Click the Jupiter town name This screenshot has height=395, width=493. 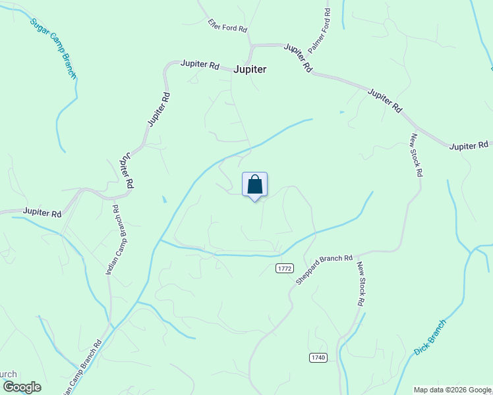250,69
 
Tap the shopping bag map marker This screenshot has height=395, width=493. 255,185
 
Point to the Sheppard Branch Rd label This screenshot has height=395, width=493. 324,269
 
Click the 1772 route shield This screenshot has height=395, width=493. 284,268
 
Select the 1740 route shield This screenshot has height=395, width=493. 317,357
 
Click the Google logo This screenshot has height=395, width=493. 22,387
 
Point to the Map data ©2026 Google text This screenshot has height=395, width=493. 452,390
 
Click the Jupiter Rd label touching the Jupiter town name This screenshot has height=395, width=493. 200,66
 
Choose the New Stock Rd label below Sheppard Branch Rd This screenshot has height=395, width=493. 361,284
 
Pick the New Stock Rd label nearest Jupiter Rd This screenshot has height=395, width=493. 416,155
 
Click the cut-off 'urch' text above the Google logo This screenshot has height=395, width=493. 8,374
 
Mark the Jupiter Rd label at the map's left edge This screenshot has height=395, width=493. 42,213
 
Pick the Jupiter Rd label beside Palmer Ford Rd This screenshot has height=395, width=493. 298,57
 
